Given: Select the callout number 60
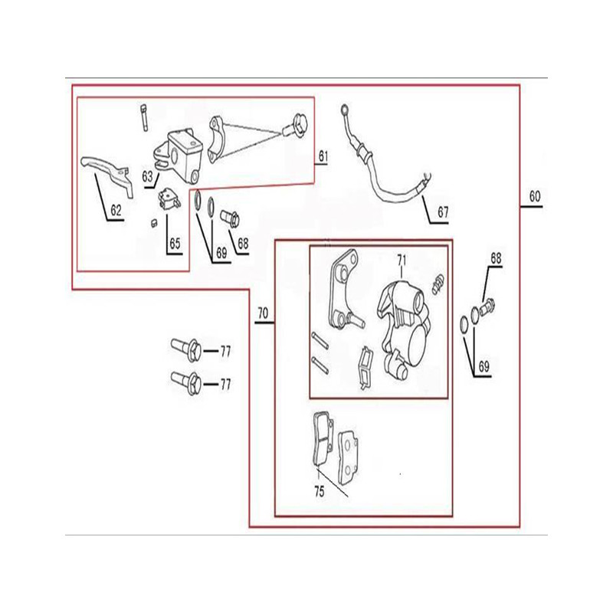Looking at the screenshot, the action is point(534,196).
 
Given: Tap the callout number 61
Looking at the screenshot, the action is point(323,156).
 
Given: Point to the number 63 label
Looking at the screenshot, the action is point(147,177).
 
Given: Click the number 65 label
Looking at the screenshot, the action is point(175,244).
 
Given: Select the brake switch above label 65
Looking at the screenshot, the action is point(169,199).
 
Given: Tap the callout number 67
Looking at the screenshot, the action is point(443,212).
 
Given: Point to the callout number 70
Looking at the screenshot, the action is point(263,313).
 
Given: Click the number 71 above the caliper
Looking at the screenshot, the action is point(402,261).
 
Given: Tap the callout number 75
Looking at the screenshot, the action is point(319,491).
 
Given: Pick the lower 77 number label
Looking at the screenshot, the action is point(225,385).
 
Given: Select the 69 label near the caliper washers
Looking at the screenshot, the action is point(484,367).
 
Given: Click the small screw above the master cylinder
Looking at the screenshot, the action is point(144,118).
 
